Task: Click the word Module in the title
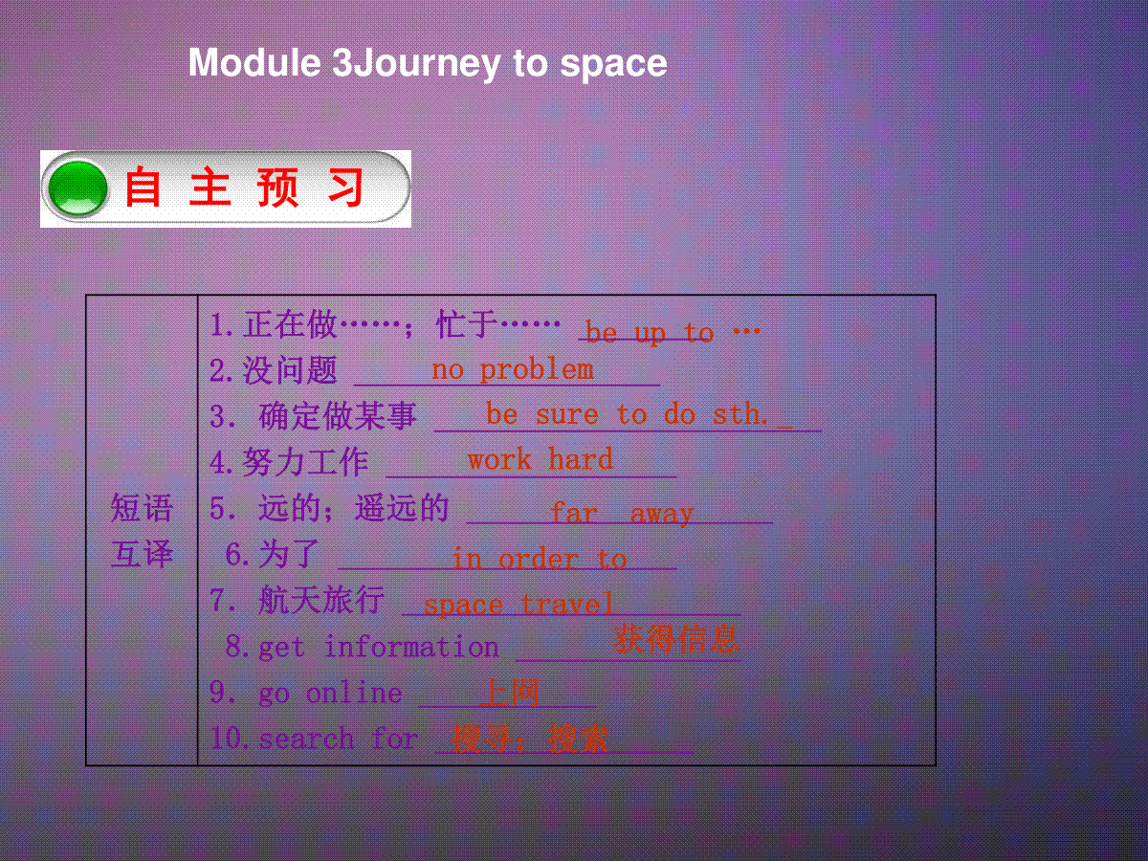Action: coord(254,63)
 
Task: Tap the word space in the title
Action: coord(613,65)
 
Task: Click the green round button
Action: coord(77,188)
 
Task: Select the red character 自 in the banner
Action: coord(142,188)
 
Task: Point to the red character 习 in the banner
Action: coord(346,188)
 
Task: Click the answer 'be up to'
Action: coord(649,333)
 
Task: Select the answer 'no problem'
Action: coord(513,370)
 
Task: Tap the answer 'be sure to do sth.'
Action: coord(627,414)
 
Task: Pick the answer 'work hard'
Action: coord(541,459)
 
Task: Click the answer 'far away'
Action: coord(623,514)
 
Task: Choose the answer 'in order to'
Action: coord(540,559)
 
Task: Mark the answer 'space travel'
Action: coord(519,605)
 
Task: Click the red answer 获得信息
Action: coord(676,638)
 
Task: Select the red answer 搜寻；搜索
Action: coord(530,739)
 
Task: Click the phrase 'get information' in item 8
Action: coord(379,648)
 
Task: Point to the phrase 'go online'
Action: coord(331,694)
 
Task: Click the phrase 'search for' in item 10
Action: coord(339,739)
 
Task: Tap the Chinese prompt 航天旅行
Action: coord(321,600)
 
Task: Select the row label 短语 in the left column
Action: coord(142,508)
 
